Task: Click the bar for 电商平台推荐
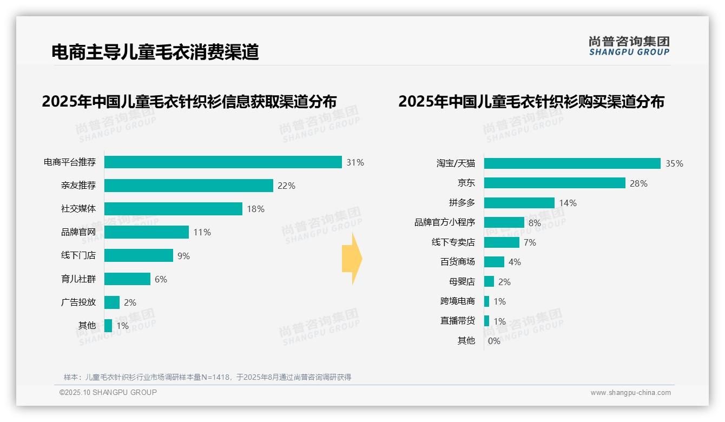point(223,162)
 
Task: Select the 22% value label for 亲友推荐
point(286,186)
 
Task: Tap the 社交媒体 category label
point(78,209)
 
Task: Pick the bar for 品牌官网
point(146,232)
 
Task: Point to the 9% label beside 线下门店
point(183,256)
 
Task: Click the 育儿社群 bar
point(127,279)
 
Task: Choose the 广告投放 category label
point(78,302)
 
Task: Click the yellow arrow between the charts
point(352,259)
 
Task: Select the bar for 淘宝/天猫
point(572,163)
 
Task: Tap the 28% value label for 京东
point(638,183)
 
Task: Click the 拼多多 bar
point(519,203)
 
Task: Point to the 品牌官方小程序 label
point(444,222)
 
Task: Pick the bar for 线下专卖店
point(502,242)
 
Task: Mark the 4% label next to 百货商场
point(515,262)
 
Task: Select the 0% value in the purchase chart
point(494,341)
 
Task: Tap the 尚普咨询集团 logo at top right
point(629,45)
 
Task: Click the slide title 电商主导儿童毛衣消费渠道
point(155,52)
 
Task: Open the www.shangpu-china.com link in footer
point(630,393)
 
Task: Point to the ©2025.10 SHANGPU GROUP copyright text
point(108,392)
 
